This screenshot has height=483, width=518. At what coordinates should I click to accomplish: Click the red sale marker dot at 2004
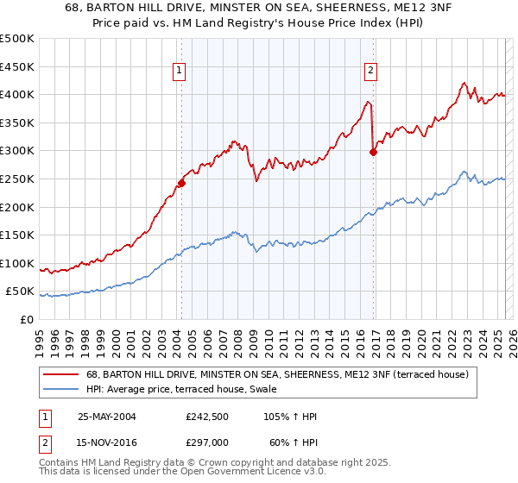(182, 183)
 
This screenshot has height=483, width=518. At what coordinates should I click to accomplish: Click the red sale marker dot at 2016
(373, 153)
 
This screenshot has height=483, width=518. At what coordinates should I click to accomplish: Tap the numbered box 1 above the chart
(179, 72)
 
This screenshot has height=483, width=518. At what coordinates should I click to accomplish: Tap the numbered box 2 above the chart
(370, 72)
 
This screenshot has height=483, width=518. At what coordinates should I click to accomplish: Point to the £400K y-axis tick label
(17, 95)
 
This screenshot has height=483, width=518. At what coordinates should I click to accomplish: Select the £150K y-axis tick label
(17, 235)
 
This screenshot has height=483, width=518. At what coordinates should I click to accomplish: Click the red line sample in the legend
(61, 374)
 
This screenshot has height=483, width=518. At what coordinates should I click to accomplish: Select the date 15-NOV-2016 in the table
(107, 442)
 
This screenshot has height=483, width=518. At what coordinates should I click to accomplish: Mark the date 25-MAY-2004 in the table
(107, 417)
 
